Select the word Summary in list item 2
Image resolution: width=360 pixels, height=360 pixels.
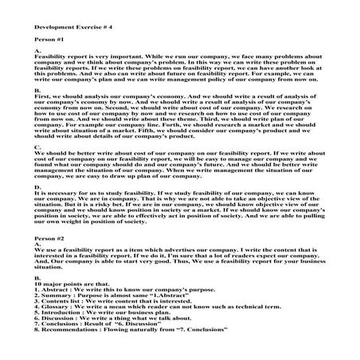point(57,299)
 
